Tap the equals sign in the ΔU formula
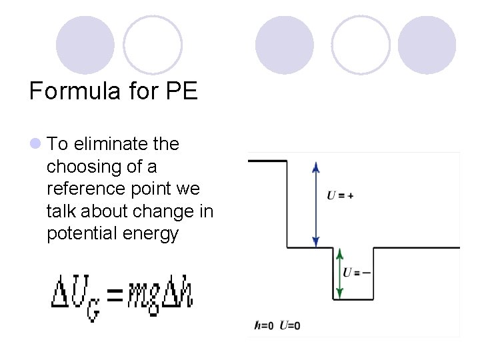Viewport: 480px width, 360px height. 116,295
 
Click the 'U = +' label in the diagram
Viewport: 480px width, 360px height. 340,195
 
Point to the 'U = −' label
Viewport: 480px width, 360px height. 357,273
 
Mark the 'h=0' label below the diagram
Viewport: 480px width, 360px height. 264,325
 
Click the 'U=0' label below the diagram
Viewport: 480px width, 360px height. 289,325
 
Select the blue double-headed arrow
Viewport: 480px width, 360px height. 316,204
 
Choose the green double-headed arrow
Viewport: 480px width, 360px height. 339,273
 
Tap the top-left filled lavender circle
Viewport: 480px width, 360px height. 85,45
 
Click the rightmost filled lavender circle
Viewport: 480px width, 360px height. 427,45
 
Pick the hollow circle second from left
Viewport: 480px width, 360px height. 153,45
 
